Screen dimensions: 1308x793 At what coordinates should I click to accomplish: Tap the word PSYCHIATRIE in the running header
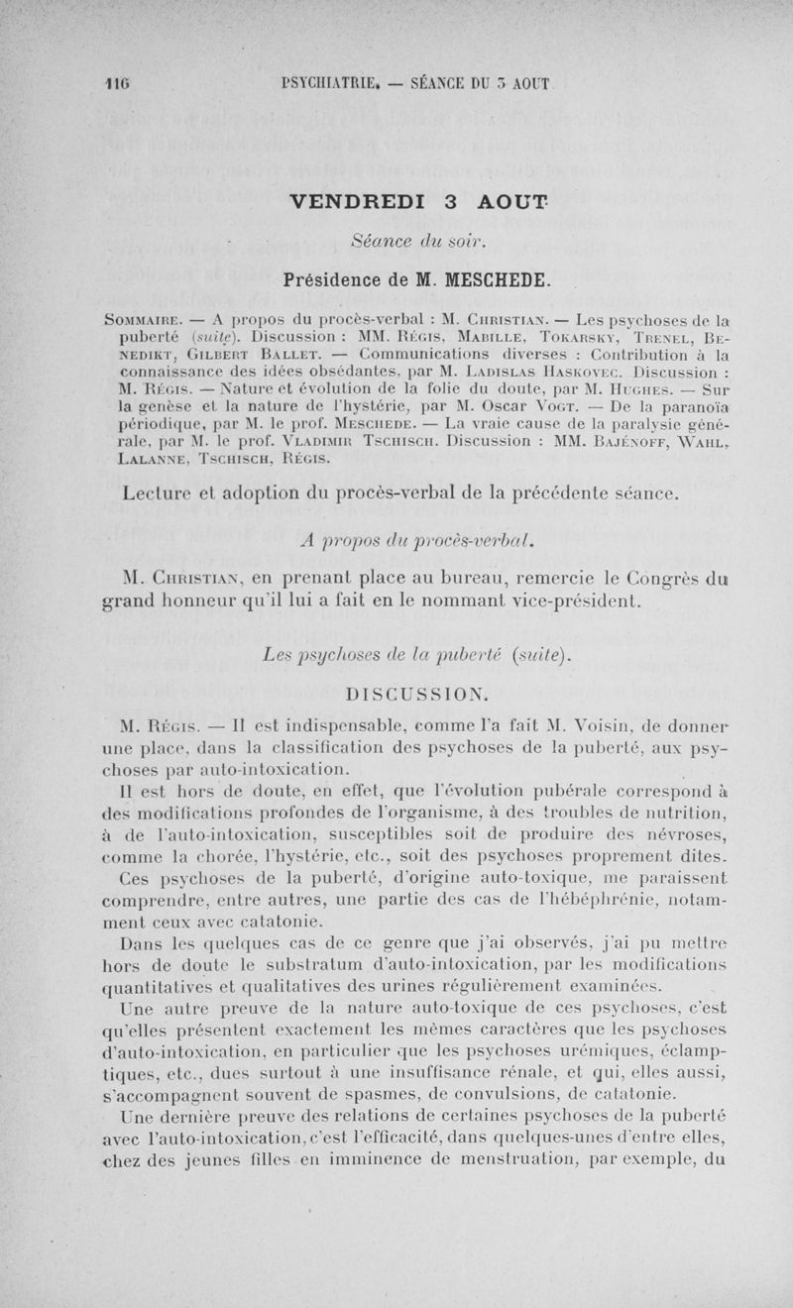(326, 85)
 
